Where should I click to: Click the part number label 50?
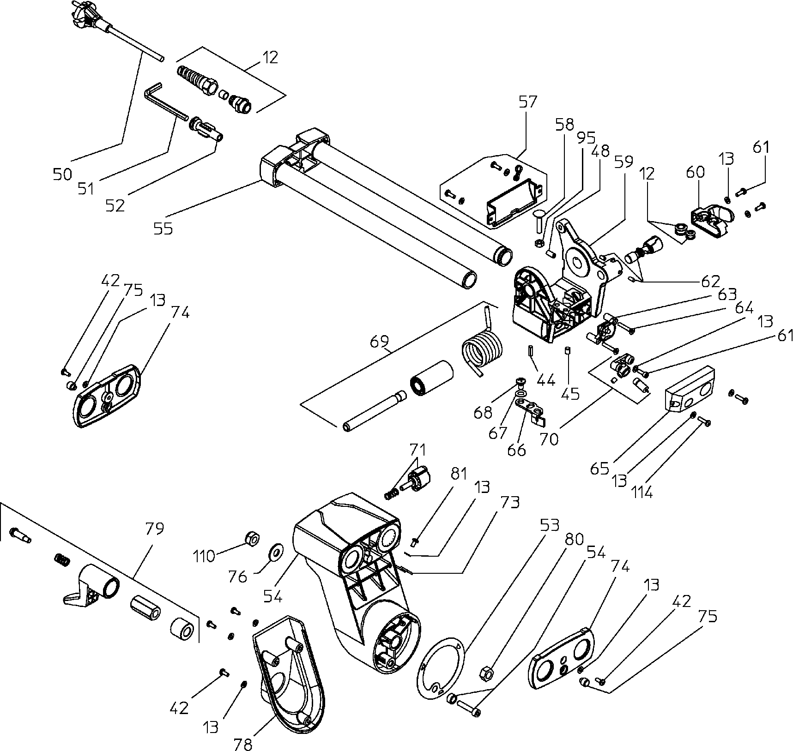pyautogui.click(x=62, y=174)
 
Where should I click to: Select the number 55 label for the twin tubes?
pyautogui.click(x=163, y=228)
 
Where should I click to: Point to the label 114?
pyautogui.click(x=642, y=493)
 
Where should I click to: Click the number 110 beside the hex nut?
pyautogui.click(x=204, y=556)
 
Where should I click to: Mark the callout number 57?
pyautogui.click(x=528, y=102)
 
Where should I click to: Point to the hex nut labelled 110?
pyautogui.click(x=252, y=538)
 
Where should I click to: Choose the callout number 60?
pyautogui.click(x=695, y=172)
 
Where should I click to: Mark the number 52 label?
pyautogui.click(x=115, y=205)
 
